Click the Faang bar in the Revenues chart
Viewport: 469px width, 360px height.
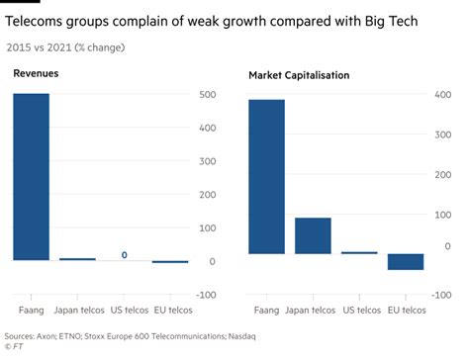(31, 177)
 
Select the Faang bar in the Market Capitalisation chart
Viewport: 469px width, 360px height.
(266, 177)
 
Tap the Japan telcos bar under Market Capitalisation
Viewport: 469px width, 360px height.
(313, 235)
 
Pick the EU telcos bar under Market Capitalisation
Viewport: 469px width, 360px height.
(405, 261)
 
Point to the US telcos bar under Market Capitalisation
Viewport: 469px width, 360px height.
(358, 253)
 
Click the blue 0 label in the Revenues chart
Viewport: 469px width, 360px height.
(124, 255)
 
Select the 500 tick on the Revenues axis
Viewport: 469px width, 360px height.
(207, 95)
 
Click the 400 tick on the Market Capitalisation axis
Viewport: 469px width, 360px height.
(442, 95)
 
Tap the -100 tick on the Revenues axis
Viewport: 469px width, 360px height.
(205, 295)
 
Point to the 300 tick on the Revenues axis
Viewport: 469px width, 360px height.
(207, 161)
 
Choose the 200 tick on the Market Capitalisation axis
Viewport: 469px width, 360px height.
(442, 175)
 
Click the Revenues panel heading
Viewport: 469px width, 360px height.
(36, 74)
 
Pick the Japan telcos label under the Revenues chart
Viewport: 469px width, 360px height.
(77, 310)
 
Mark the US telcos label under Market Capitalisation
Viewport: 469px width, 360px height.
(358, 310)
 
